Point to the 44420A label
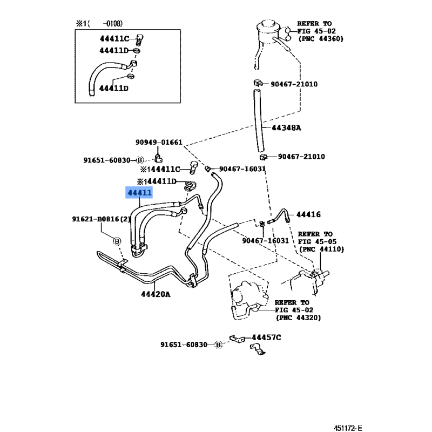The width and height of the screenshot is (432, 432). [x=156, y=294]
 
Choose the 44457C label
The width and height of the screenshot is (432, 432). [x=267, y=337]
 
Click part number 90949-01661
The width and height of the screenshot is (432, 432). [x=159, y=143]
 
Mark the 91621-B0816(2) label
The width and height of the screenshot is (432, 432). [x=102, y=219]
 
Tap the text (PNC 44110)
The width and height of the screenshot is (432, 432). [x=321, y=249]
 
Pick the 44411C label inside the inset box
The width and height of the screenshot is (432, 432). [x=114, y=39]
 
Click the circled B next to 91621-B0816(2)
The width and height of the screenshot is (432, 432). [x=117, y=241]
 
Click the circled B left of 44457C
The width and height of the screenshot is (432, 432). [x=219, y=345]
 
